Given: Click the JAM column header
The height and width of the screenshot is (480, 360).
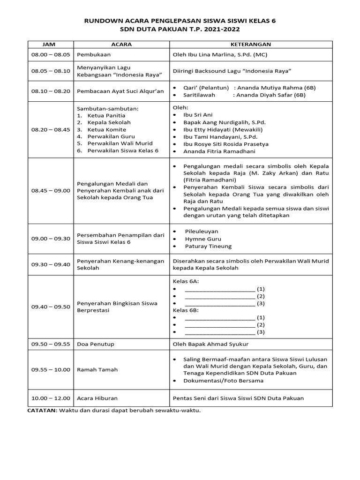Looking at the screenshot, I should point(49,44).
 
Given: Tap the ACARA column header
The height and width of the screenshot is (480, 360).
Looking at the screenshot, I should point(121,44).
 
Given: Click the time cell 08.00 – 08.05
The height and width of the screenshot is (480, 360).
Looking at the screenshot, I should point(51,54).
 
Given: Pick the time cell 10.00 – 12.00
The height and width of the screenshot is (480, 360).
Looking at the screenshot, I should point(51,398).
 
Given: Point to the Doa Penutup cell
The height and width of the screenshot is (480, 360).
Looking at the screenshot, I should point(96,344).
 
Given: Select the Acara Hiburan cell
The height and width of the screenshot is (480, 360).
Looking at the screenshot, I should point(97,398).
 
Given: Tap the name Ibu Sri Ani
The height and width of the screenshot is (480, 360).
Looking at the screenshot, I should point(198,114).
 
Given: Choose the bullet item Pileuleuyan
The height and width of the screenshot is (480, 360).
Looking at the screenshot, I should point(202,231).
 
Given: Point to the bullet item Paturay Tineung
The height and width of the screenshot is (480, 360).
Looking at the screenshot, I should point(208,246).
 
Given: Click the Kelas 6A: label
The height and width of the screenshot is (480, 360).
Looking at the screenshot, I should point(186,281).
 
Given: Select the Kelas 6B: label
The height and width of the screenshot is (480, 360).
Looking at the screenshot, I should point(186,310).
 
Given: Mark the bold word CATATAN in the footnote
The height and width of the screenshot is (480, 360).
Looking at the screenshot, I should point(41,410).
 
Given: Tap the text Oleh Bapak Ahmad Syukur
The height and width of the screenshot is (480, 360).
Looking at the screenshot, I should point(210,344).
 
